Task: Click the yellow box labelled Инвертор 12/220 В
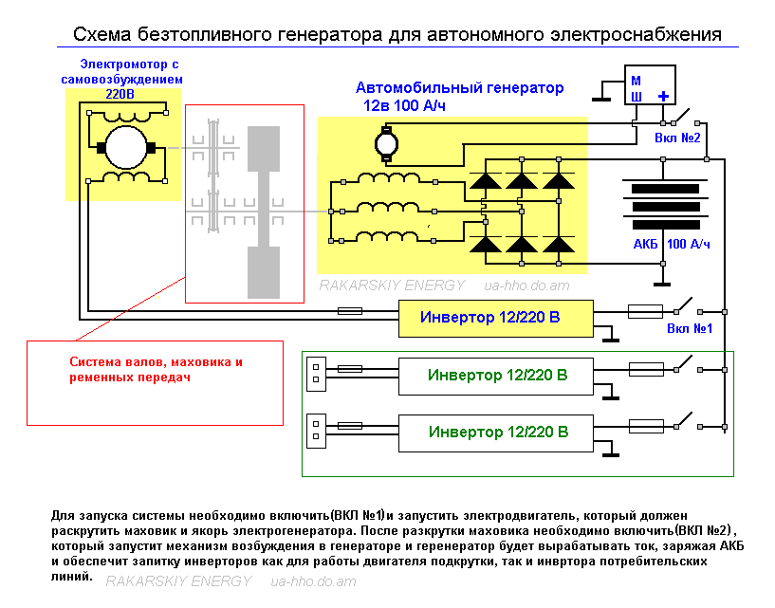coord(496,319)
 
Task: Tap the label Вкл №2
coord(677,138)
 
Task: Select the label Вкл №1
coord(690,329)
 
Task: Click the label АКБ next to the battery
coord(645,244)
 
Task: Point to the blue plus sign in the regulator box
coord(663,97)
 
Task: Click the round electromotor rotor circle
coord(126,147)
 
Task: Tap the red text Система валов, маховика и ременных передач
coord(156,369)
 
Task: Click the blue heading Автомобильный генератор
coord(459,88)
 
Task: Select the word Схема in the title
coord(102,34)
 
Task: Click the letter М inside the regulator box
coord(637,81)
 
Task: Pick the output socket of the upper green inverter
coord(316,374)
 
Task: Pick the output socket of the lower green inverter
coord(316,431)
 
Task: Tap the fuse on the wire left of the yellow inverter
coord(350,311)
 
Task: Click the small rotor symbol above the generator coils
coord(386,144)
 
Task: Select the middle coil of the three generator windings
coord(389,208)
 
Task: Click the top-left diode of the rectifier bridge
coord(485,181)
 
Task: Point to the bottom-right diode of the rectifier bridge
coord(559,245)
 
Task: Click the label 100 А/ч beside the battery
coord(689,244)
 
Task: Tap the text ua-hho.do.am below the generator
coord(526,286)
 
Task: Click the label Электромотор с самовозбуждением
coord(122,72)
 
